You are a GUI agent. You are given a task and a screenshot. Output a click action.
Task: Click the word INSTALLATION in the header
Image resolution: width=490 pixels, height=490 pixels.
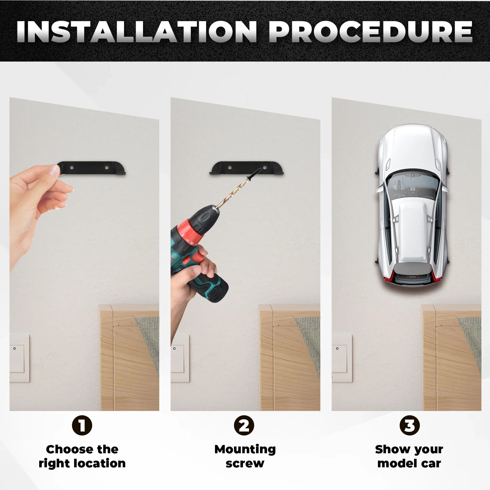(137, 32)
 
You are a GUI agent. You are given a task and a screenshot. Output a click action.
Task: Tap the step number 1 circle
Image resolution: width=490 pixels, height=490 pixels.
(82, 425)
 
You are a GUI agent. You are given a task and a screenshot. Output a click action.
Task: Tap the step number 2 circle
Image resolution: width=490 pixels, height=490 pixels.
(244, 425)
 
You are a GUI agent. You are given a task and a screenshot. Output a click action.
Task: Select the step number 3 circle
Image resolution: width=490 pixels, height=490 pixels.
(410, 425)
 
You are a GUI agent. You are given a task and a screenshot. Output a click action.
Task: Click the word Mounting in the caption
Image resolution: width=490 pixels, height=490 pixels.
(245, 450)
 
